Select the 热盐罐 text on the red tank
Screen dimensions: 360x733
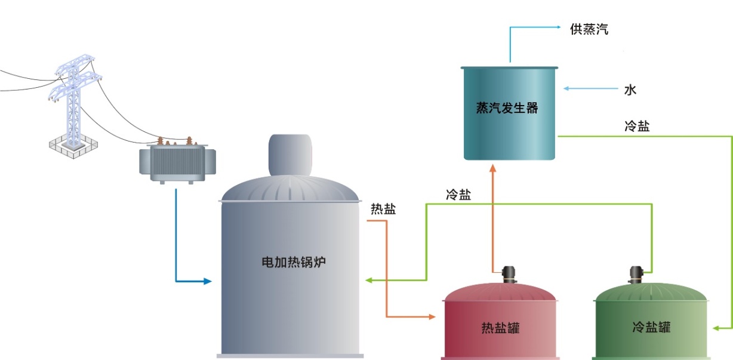(x=500, y=328)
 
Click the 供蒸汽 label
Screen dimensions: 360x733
(x=589, y=29)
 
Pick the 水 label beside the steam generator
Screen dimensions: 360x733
(x=630, y=90)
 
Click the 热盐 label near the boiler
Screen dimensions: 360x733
(x=383, y=209)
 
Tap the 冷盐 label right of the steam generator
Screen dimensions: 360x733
(x=636, y=126)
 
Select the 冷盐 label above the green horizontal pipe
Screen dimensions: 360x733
(x=458, y=195)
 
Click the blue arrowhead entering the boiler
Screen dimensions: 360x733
(x=208, y=281)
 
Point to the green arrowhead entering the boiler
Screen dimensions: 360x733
(x=369, y=280)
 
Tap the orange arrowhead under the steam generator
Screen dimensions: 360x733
(x=493, y=168)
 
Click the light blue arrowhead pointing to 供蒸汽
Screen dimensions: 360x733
(x=558, y=27)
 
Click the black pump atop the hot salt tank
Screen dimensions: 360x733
(x=509, y=274)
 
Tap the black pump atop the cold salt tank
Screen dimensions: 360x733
(x=637, y=274)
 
